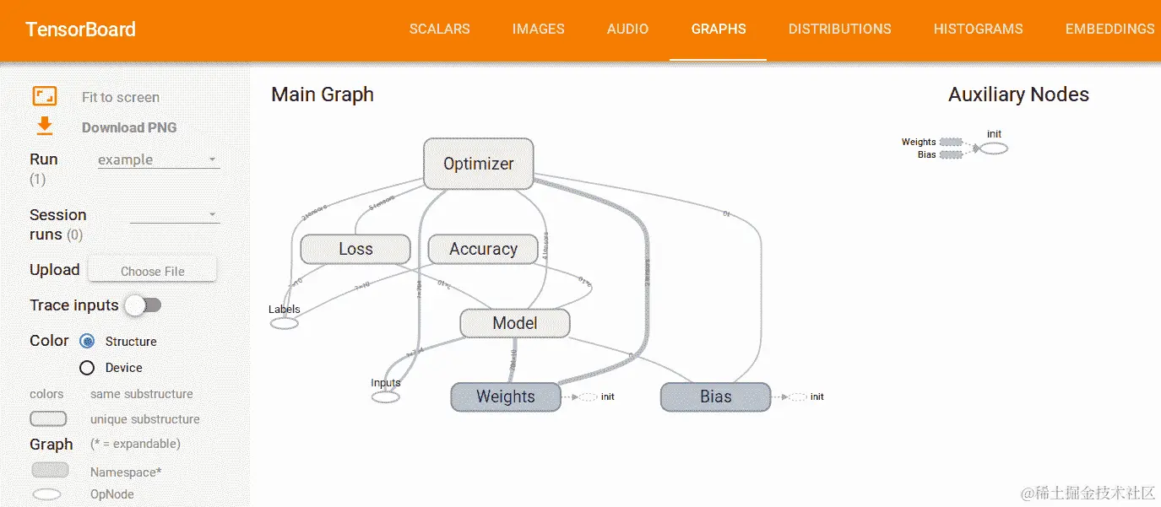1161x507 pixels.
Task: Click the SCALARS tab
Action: coord(439,29)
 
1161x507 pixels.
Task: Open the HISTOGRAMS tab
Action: coord(978,29)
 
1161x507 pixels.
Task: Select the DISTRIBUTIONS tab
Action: coord(839,29)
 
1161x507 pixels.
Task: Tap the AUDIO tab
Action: coord(627,29)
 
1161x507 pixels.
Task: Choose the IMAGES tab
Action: coord(538,29)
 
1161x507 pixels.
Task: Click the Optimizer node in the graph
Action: coord(478,164)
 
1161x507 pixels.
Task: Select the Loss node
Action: coord(355,249)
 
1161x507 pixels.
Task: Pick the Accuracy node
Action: coord(483,249)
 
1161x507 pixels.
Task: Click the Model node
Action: coord(515,323)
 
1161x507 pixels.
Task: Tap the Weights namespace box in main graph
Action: coord(505,396)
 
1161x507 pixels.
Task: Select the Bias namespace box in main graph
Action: coord(715,396)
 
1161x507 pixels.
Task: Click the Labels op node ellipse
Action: coord(285,322)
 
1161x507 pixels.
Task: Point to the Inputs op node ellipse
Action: coord(386,396)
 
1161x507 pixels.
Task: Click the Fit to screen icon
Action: coord(44,96)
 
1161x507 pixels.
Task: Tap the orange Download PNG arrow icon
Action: coord(44,127)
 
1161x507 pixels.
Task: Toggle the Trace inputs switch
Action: coord(143,305)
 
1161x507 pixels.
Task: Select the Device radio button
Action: coord(87,368)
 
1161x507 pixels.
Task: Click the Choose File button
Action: coord(152,271)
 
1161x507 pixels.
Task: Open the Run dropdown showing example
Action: coord(158,159)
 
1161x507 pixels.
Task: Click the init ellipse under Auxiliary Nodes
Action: coord(994,148)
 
